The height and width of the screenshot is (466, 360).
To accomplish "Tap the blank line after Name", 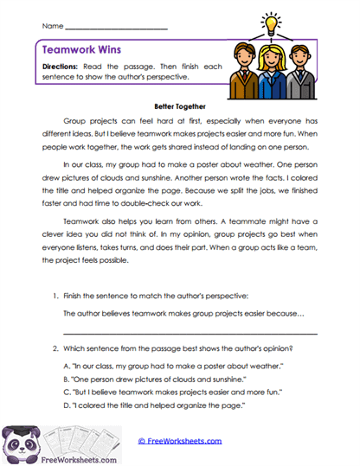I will (x=116, y=29).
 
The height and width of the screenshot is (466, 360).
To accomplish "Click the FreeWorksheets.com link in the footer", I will (x=179, y=441).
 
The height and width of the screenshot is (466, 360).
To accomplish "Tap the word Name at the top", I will (x=52, y=29).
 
